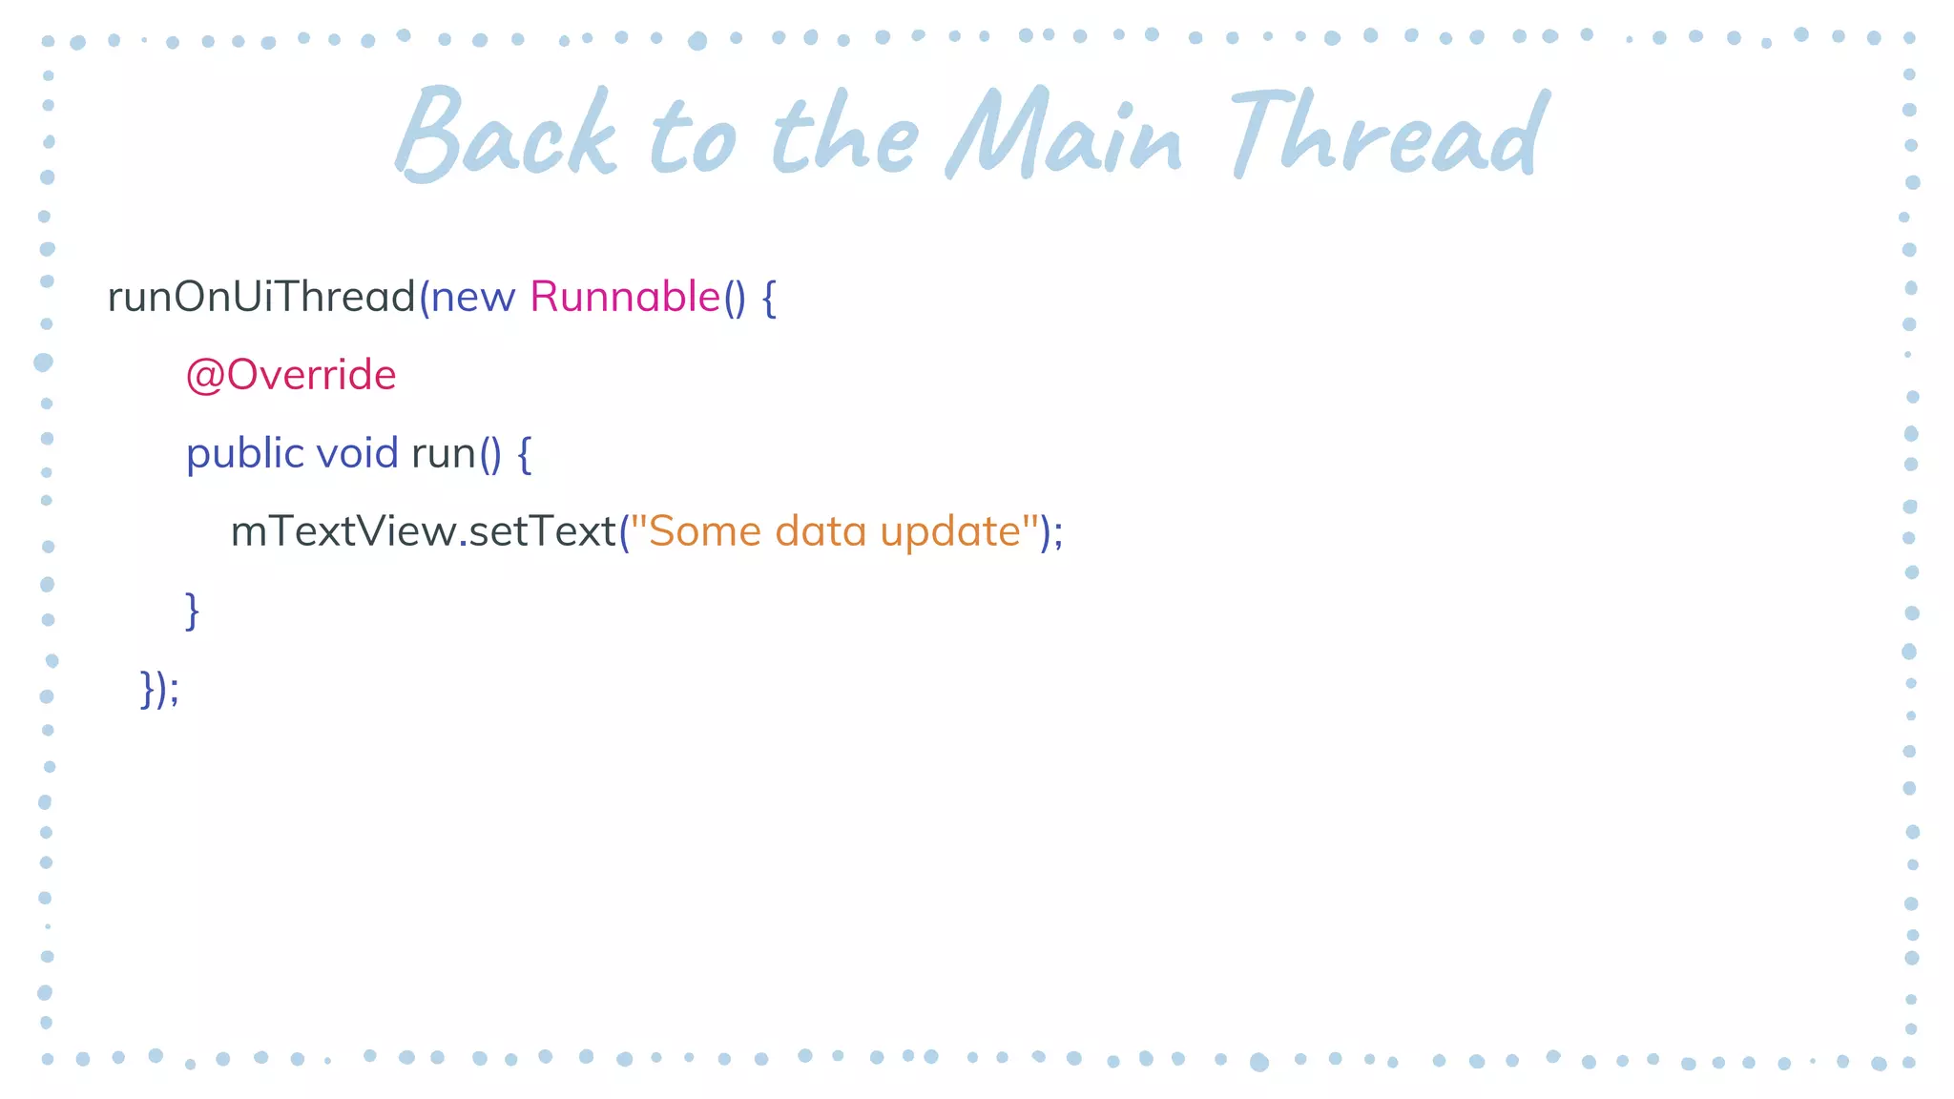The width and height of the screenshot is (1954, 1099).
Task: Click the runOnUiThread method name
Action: [x=261, y=297]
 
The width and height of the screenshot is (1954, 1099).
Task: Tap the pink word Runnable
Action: [x=625, y=297]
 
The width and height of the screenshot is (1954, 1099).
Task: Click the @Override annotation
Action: [x=291, y=375]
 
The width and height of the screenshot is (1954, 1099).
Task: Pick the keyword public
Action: [x=244, y=454]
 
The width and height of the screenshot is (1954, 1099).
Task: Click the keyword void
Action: [x=357, y=453]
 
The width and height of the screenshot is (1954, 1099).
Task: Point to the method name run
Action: [x=444, y=455]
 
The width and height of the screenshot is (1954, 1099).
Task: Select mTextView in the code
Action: [x=343, y=531]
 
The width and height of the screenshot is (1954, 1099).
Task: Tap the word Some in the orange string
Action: [x=705, y=531]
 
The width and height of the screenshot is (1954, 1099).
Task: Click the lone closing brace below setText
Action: [x=192, y=611]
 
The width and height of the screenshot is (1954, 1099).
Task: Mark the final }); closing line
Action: [x=159, y=689]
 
